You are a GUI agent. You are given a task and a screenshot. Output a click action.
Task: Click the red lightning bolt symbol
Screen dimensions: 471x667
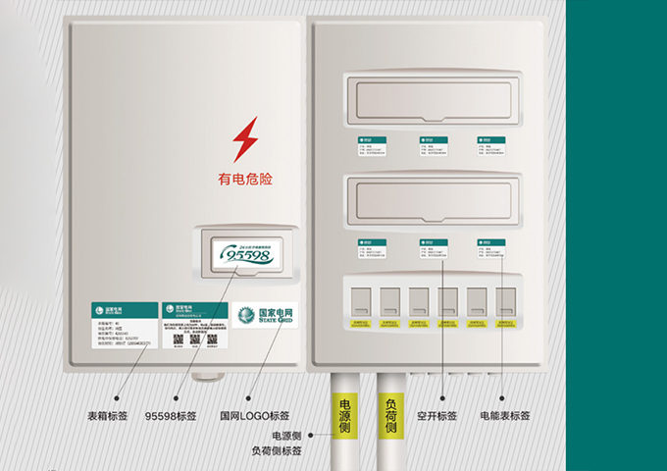pyautogui.click(x=245, y=139)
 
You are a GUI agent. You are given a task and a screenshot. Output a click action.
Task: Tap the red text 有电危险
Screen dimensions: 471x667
pyautogui.click(x=244, y=180)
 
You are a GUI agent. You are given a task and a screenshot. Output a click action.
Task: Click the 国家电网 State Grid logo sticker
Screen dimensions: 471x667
pyautogui.click(x=265, y=316)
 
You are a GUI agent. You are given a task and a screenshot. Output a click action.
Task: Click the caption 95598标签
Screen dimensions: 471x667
pyautogui.click(x=171, y=415)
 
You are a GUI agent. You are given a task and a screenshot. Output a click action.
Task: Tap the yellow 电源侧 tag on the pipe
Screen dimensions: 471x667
pyautogui.click(x=344, y=416)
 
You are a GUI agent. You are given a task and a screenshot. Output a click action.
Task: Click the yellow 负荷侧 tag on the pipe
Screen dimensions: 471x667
pyautogui.click(x=389, y=416)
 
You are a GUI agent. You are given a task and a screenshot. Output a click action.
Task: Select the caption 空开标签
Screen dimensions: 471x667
pyautogui.click(x=436, y=415)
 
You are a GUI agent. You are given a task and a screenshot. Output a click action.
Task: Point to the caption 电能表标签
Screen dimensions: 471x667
pyautogui.click(x=504, y=415)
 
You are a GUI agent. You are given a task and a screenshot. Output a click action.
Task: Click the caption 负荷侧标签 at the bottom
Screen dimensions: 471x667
pyautogui.click(x=277, y=451)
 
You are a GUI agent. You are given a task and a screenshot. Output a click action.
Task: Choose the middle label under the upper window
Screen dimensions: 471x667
pyautogui.click(x=432, y=145)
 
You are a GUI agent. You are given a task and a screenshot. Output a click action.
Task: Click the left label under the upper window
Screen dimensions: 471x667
pyautogui.click(x=372, y=145)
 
